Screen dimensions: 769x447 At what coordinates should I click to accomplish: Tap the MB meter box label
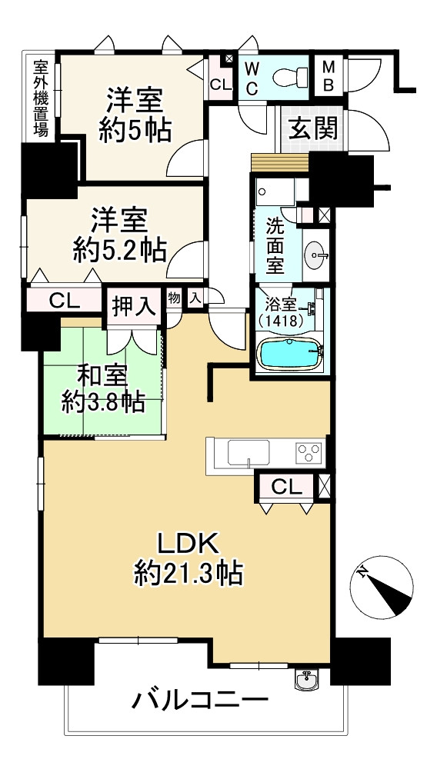point(328,75)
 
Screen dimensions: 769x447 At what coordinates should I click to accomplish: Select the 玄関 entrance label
point(312,128)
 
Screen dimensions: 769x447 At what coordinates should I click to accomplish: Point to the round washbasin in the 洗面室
point(316,255)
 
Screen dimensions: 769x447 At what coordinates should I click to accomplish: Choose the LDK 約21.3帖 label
point(188,558)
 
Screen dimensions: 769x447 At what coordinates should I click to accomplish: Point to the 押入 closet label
point(134,305)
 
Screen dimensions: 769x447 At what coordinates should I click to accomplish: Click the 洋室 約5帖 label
point(134,115)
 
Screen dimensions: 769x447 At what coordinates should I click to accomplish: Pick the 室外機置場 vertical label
point(41,98)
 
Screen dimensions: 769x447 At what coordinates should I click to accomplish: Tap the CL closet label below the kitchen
point(285,486)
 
